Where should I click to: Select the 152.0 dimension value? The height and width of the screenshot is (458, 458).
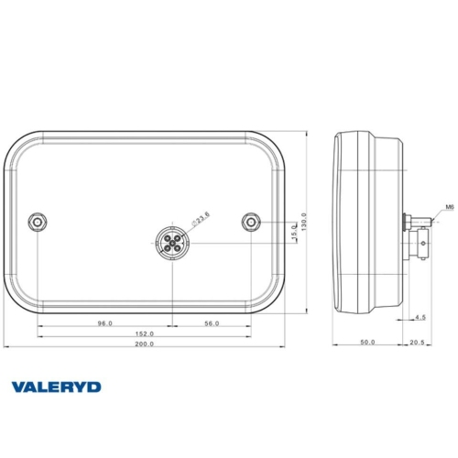click(x=145, y=333)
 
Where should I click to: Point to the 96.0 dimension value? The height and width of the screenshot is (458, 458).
click(x=104, y=322)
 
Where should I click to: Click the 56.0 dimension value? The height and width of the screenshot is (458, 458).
click(x=212, y=322)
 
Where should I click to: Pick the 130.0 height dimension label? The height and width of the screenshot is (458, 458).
click(x=304, y=222)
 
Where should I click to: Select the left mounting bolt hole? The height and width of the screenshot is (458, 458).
click(x=37, y=223)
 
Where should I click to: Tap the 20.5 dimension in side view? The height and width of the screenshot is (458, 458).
click(x=418, y=343)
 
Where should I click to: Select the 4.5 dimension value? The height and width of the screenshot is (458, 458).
click(x=420, y=317)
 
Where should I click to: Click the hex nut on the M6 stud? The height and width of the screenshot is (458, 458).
click(x=408, y=222)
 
